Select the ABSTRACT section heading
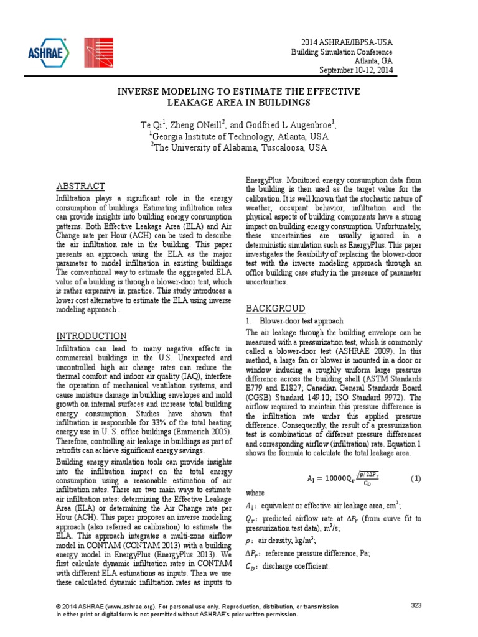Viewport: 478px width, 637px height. click(80, 186)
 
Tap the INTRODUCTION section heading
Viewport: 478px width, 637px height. click(91, 336)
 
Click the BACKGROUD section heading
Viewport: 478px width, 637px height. click(276, 309)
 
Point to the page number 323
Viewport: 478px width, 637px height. click(416, 605)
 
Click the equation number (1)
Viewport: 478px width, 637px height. click(416, 478)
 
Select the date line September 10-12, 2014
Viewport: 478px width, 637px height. click(356, 70)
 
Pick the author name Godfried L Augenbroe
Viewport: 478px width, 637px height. click(282, 125)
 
